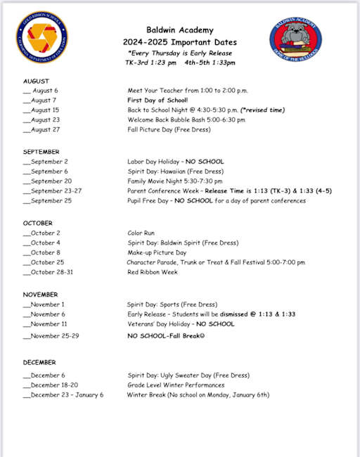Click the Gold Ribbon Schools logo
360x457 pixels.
[x=42, y=39]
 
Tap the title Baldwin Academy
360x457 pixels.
[x=179, y=30]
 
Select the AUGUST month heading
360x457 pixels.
[x=37, y=81]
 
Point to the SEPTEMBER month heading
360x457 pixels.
[x=41, y=152]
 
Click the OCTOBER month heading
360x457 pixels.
[x=38, y=223]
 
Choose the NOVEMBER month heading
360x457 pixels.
[x=41, y=295]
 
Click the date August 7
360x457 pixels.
[x=45, y=101]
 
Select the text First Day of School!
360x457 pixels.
[x=157, y=101]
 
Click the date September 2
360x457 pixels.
[x=50, y=162]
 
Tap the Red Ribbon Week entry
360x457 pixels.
[x=153, y=272]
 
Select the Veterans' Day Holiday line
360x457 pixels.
[x=181, y=324]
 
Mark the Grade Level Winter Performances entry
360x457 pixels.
[x=176, y=385]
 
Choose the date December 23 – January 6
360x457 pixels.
[x=66, y=395]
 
